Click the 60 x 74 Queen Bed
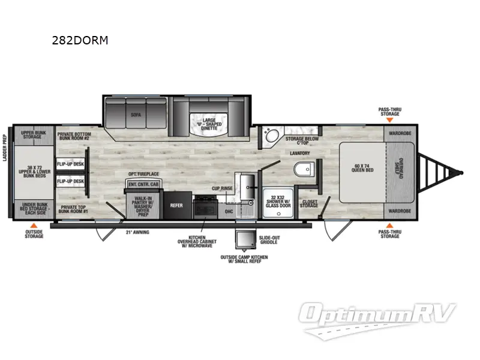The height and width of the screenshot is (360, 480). tap(362, 169)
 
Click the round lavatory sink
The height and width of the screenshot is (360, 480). tap(269, 137)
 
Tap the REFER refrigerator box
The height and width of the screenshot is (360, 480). tap(176, 205)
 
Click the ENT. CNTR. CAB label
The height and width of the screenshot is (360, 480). tap(142, 185)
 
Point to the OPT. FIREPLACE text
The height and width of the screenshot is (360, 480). tap(143, 174)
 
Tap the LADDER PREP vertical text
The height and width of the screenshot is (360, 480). tap(6, 172)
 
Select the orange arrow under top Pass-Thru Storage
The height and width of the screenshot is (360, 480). tap(390, 120)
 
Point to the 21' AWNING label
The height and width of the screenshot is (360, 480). tap(137, 231)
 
